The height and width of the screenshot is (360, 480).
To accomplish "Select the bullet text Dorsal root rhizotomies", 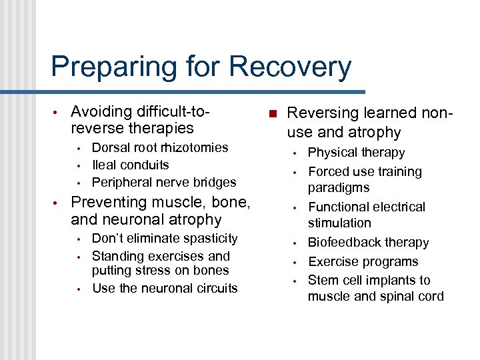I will click(x=159, y=147).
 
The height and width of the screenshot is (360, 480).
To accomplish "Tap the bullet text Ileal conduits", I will click(x=130, y=165).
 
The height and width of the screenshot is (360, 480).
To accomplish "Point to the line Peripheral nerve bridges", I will click(x=163, y=182).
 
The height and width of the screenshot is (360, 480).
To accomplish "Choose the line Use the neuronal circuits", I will click(x=164, y=288).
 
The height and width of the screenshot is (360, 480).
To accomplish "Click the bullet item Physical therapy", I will click(x=356, y=153).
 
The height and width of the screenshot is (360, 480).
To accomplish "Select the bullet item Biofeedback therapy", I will click(x=368, y=242).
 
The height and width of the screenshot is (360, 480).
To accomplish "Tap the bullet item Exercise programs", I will click(x=363, y=261).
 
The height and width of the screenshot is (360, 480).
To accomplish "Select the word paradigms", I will click(x=338, y=188).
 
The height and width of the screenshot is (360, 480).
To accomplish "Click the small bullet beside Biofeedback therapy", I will click(x=294, y=243).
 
